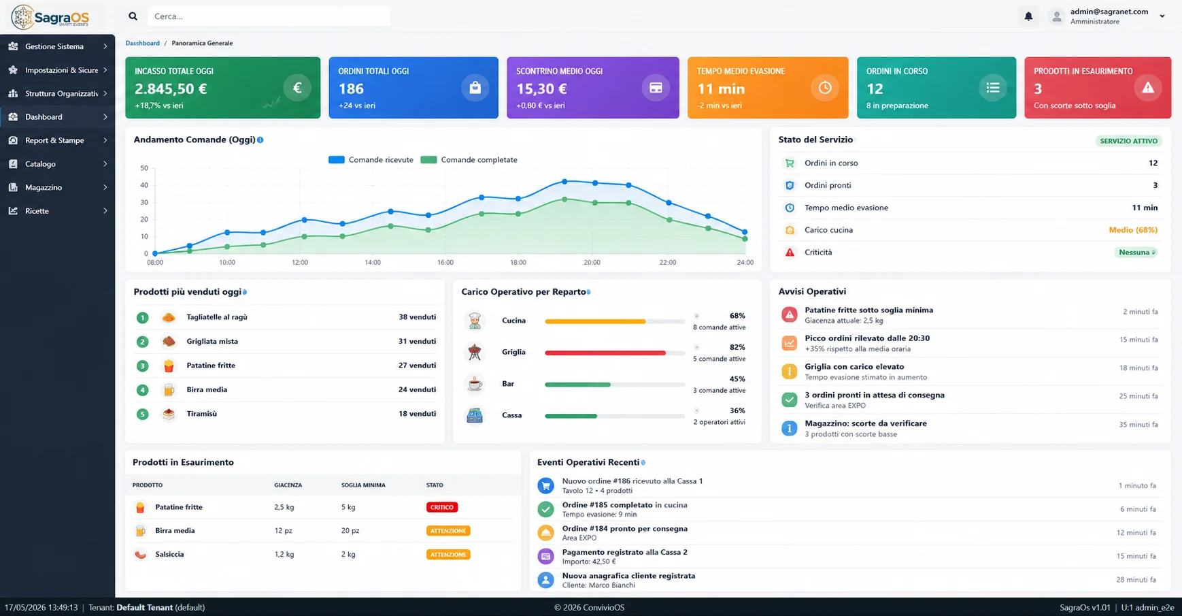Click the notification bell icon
[1028, 16]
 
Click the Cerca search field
[269, 16]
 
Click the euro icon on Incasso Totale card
[297, 88]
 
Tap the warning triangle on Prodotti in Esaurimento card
[1148, 88]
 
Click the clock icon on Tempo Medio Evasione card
[825, 88]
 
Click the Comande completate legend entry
[469, 160]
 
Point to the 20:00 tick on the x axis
[592, 262]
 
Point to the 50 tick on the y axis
[144, 168]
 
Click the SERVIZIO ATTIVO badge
[1129, 141]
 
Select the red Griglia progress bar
[605, 353]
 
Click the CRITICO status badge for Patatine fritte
[442, 507]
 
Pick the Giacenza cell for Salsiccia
[284, 554]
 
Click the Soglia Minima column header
[363, 485]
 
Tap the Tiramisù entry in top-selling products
[201, 414]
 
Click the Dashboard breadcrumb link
[142, 43]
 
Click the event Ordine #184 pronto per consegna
[625, 529]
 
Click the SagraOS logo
[50, 17]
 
